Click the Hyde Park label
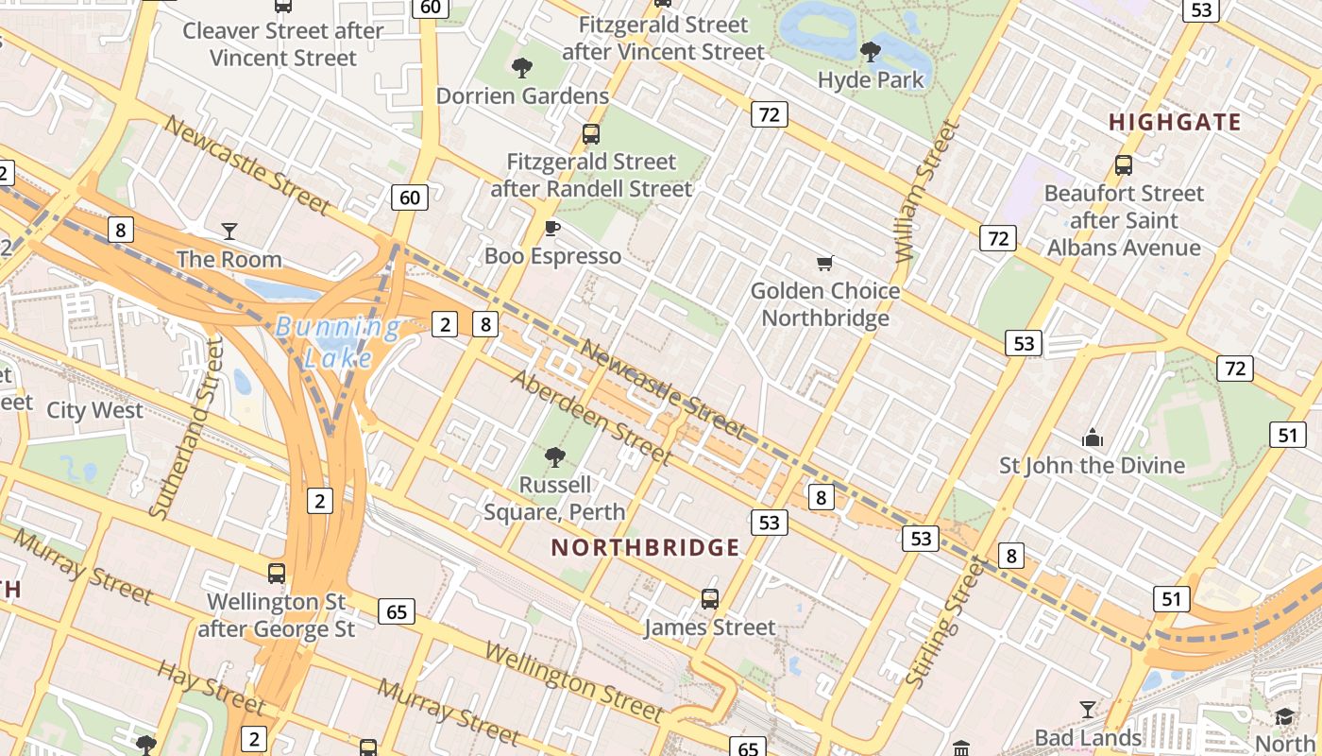tap(871, 79)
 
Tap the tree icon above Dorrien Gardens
tap(521, 67)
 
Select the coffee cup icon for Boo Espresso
tap(552, 228)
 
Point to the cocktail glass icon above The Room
tap(229, 231)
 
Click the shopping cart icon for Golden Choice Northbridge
tap(825, 263)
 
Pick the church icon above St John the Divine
tap(1093, 438)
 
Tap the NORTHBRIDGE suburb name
tap(646, 547)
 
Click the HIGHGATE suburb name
tap(1175, 122)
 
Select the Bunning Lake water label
tap(338, 342)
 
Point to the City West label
tap(94, 410)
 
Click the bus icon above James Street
tap(710, 598)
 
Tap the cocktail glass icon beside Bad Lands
tap(1088, 709)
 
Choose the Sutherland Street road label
tap(188, 427)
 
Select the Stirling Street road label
tap(945, 623)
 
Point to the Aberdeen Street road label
tap(592, 417)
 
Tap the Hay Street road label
tap(210, 686)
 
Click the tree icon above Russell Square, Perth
tap(554, 457)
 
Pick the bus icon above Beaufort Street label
tap(1124, 165)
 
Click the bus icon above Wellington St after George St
tap(277, 573)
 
